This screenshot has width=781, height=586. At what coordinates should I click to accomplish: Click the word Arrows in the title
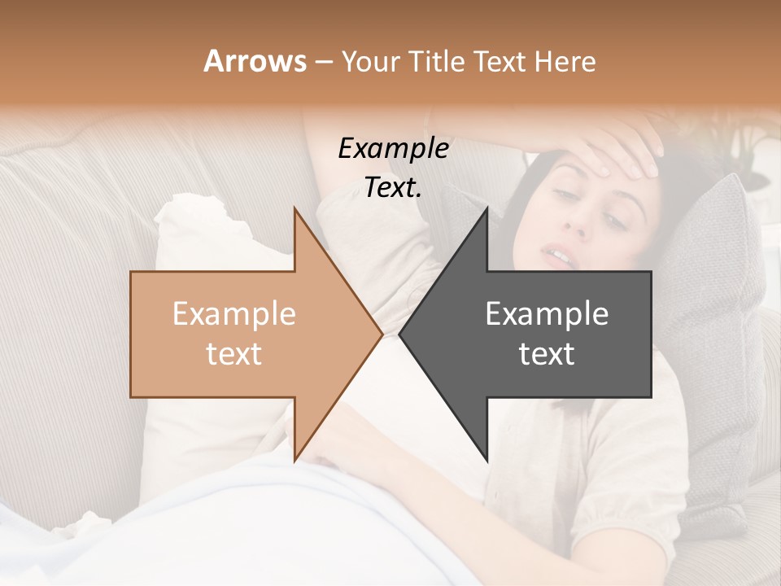click(x=255, y=61)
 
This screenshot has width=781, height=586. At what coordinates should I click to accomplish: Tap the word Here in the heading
click(x=565, y=61)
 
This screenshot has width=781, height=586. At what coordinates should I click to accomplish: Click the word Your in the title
click(x=371, y=63)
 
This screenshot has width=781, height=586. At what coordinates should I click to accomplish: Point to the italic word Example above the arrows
click(x=393, y=149)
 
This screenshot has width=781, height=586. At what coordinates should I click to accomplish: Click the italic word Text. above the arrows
click(x=393, y=188)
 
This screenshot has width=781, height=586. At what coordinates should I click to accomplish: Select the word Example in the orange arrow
click(x=234, y=313)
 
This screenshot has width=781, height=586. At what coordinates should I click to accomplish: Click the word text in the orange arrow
click(x=234, y=353)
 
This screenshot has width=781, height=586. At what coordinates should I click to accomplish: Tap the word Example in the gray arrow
click(x=547, y=313)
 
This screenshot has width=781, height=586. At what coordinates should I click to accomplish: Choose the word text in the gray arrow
click(x=547, y=353)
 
